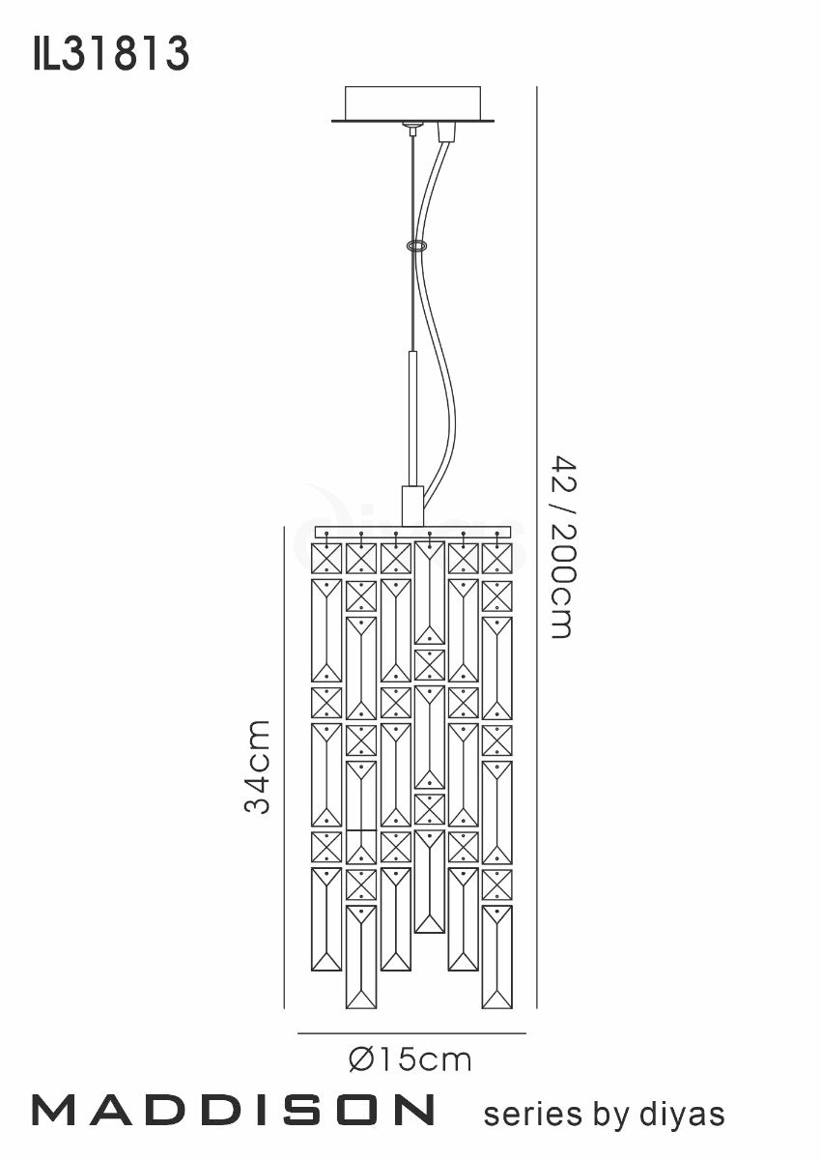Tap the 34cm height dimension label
[x=257, y=768]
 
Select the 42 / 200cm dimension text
[x=561, y=546]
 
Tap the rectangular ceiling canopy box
[x=412, y=103]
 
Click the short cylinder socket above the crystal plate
[x=412, y=506]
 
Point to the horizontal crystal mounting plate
[x=412, y=532]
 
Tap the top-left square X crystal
[x=326, y=558]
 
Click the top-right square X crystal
[x=497, y=558]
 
